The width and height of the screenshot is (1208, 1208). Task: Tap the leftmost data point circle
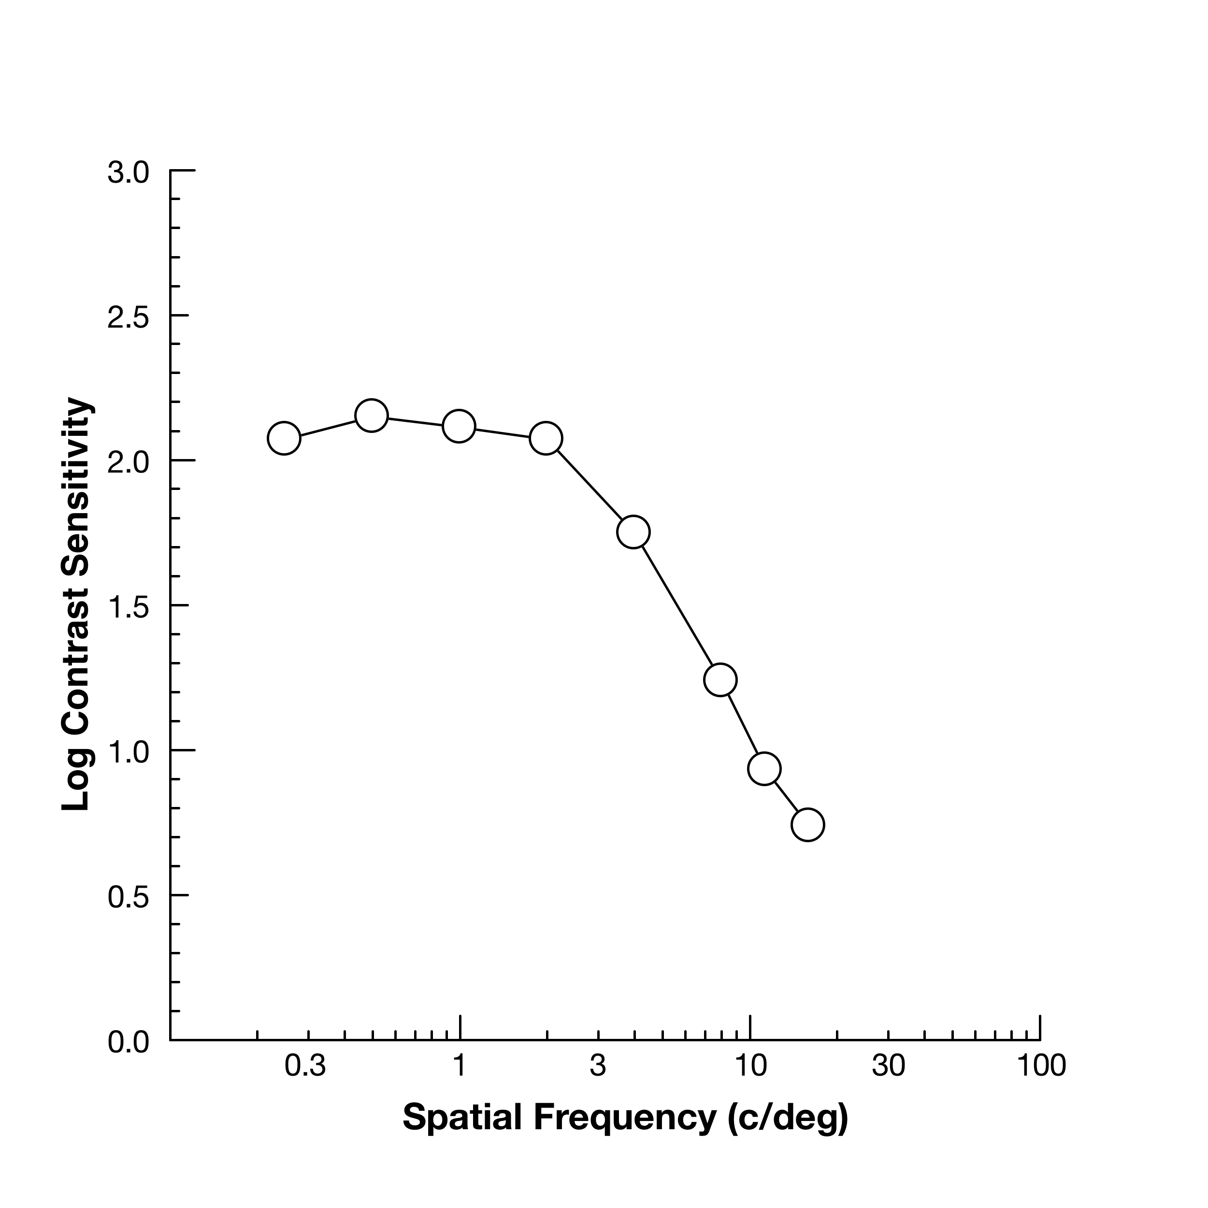point(284,438)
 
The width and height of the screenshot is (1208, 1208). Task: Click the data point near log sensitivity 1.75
point(633,532)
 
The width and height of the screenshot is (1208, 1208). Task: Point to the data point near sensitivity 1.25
point(720,680)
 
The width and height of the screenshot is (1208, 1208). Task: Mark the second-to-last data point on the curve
point(763,768)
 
